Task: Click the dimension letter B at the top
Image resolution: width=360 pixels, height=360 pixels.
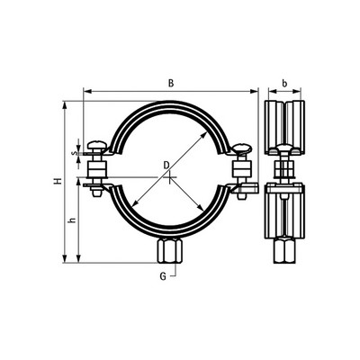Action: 171,83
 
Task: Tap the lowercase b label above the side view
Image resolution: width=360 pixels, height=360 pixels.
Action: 284,84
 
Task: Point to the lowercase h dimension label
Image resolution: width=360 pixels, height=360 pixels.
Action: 71,220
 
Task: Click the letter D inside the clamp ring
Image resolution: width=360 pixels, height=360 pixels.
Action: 166,165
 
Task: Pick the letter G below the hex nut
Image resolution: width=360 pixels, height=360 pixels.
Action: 163,276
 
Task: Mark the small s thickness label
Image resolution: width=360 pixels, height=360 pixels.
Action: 72,153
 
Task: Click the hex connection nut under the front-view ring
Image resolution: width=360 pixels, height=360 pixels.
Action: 169,251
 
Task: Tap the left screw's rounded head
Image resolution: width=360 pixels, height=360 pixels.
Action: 97,146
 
